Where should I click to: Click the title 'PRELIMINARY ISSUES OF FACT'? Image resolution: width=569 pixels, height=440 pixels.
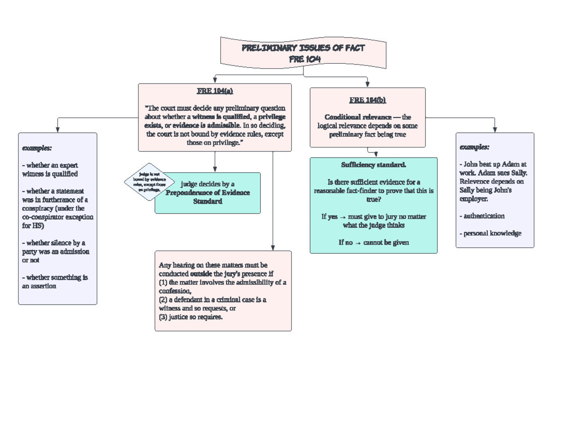[x=303, y=48]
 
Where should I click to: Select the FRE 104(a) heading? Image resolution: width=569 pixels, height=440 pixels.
[x=215, y=91]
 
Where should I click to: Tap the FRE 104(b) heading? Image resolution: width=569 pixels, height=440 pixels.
[x=367, y=100]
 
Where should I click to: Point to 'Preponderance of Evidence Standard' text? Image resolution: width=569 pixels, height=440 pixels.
[x=208, y=197]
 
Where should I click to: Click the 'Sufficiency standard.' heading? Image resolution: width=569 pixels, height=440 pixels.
[x=373, y=165]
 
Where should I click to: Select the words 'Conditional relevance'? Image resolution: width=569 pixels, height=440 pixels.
[x=358, y=117]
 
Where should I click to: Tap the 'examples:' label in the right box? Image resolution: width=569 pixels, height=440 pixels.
[x=474, y=147]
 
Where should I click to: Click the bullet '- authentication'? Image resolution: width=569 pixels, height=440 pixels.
[x=482, y=216]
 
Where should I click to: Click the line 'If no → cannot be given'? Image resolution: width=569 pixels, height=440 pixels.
[x=373, y=243]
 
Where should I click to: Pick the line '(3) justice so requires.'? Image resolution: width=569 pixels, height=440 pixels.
[x=191, y=317]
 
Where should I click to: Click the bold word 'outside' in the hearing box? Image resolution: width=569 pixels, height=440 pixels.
[x=201, y=274]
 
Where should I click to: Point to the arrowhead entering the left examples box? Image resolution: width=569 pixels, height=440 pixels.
[x=57, y=130]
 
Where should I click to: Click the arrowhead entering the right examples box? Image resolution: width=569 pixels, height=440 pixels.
[x=495, y=130]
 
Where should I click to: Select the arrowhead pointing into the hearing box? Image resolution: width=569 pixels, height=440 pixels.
[x=273, y=247]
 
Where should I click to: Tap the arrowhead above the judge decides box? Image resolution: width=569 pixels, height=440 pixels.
[x=215, y=169]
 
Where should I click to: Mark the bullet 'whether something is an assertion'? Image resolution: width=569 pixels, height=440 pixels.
[x=55, y=282]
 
